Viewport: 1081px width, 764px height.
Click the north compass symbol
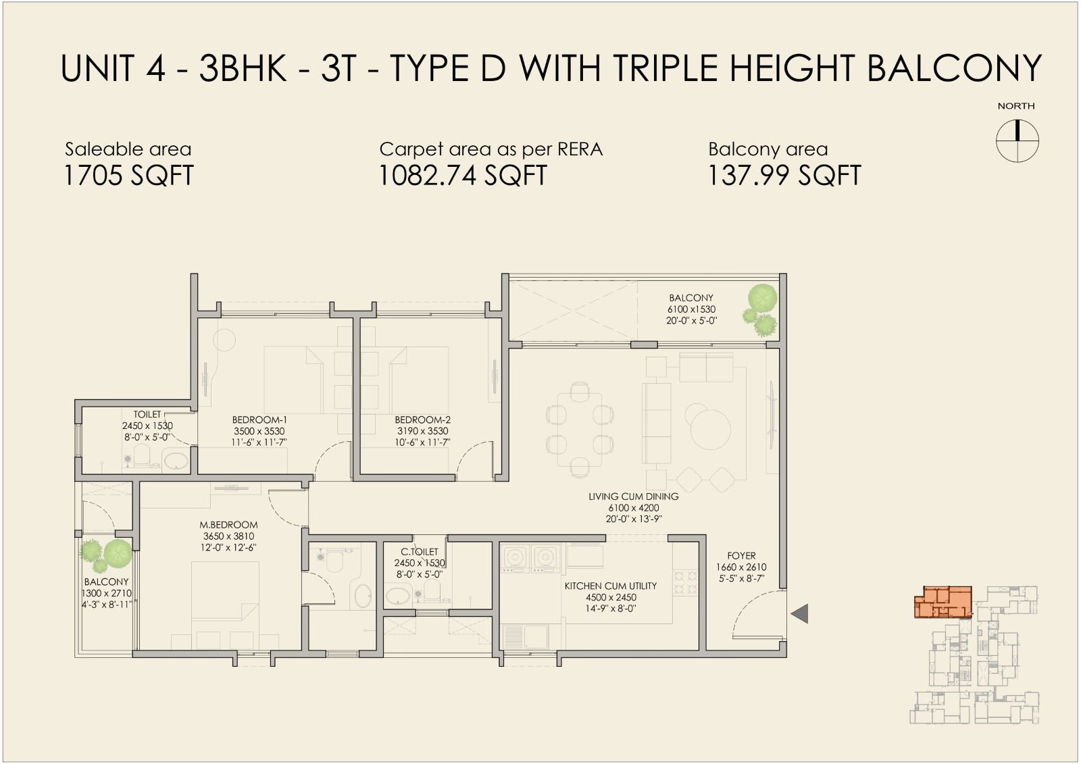click(x=1017, y=141)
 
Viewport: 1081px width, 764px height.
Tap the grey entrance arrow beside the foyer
click(x=801, y=613)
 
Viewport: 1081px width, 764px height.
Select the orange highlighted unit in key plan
click(x=943, y=602)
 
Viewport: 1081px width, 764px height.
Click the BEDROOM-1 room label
click(x=259, y=420)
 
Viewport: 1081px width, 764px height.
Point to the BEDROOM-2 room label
click(x=422, y=420)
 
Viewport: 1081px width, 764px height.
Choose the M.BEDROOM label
click(x=229, y=525)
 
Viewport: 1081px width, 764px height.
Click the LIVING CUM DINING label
click(x=634, y=496)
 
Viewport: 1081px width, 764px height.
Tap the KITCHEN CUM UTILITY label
click(x=611, y=586)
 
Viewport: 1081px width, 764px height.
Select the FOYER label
click(x=741, y=556)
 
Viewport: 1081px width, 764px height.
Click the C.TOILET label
click(x=420, y=552)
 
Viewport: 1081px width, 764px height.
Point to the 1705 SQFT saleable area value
click(x=128, y=175)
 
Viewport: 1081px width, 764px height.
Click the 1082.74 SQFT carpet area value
click(x=463, y=175)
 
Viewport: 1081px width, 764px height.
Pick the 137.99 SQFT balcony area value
click(x=784, y=175)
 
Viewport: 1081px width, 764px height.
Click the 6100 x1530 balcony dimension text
click(x=691, y=309)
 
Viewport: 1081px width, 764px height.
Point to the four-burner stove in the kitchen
click(x=686, y=582)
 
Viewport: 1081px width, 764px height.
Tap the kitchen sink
click(x=526, y=636)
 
